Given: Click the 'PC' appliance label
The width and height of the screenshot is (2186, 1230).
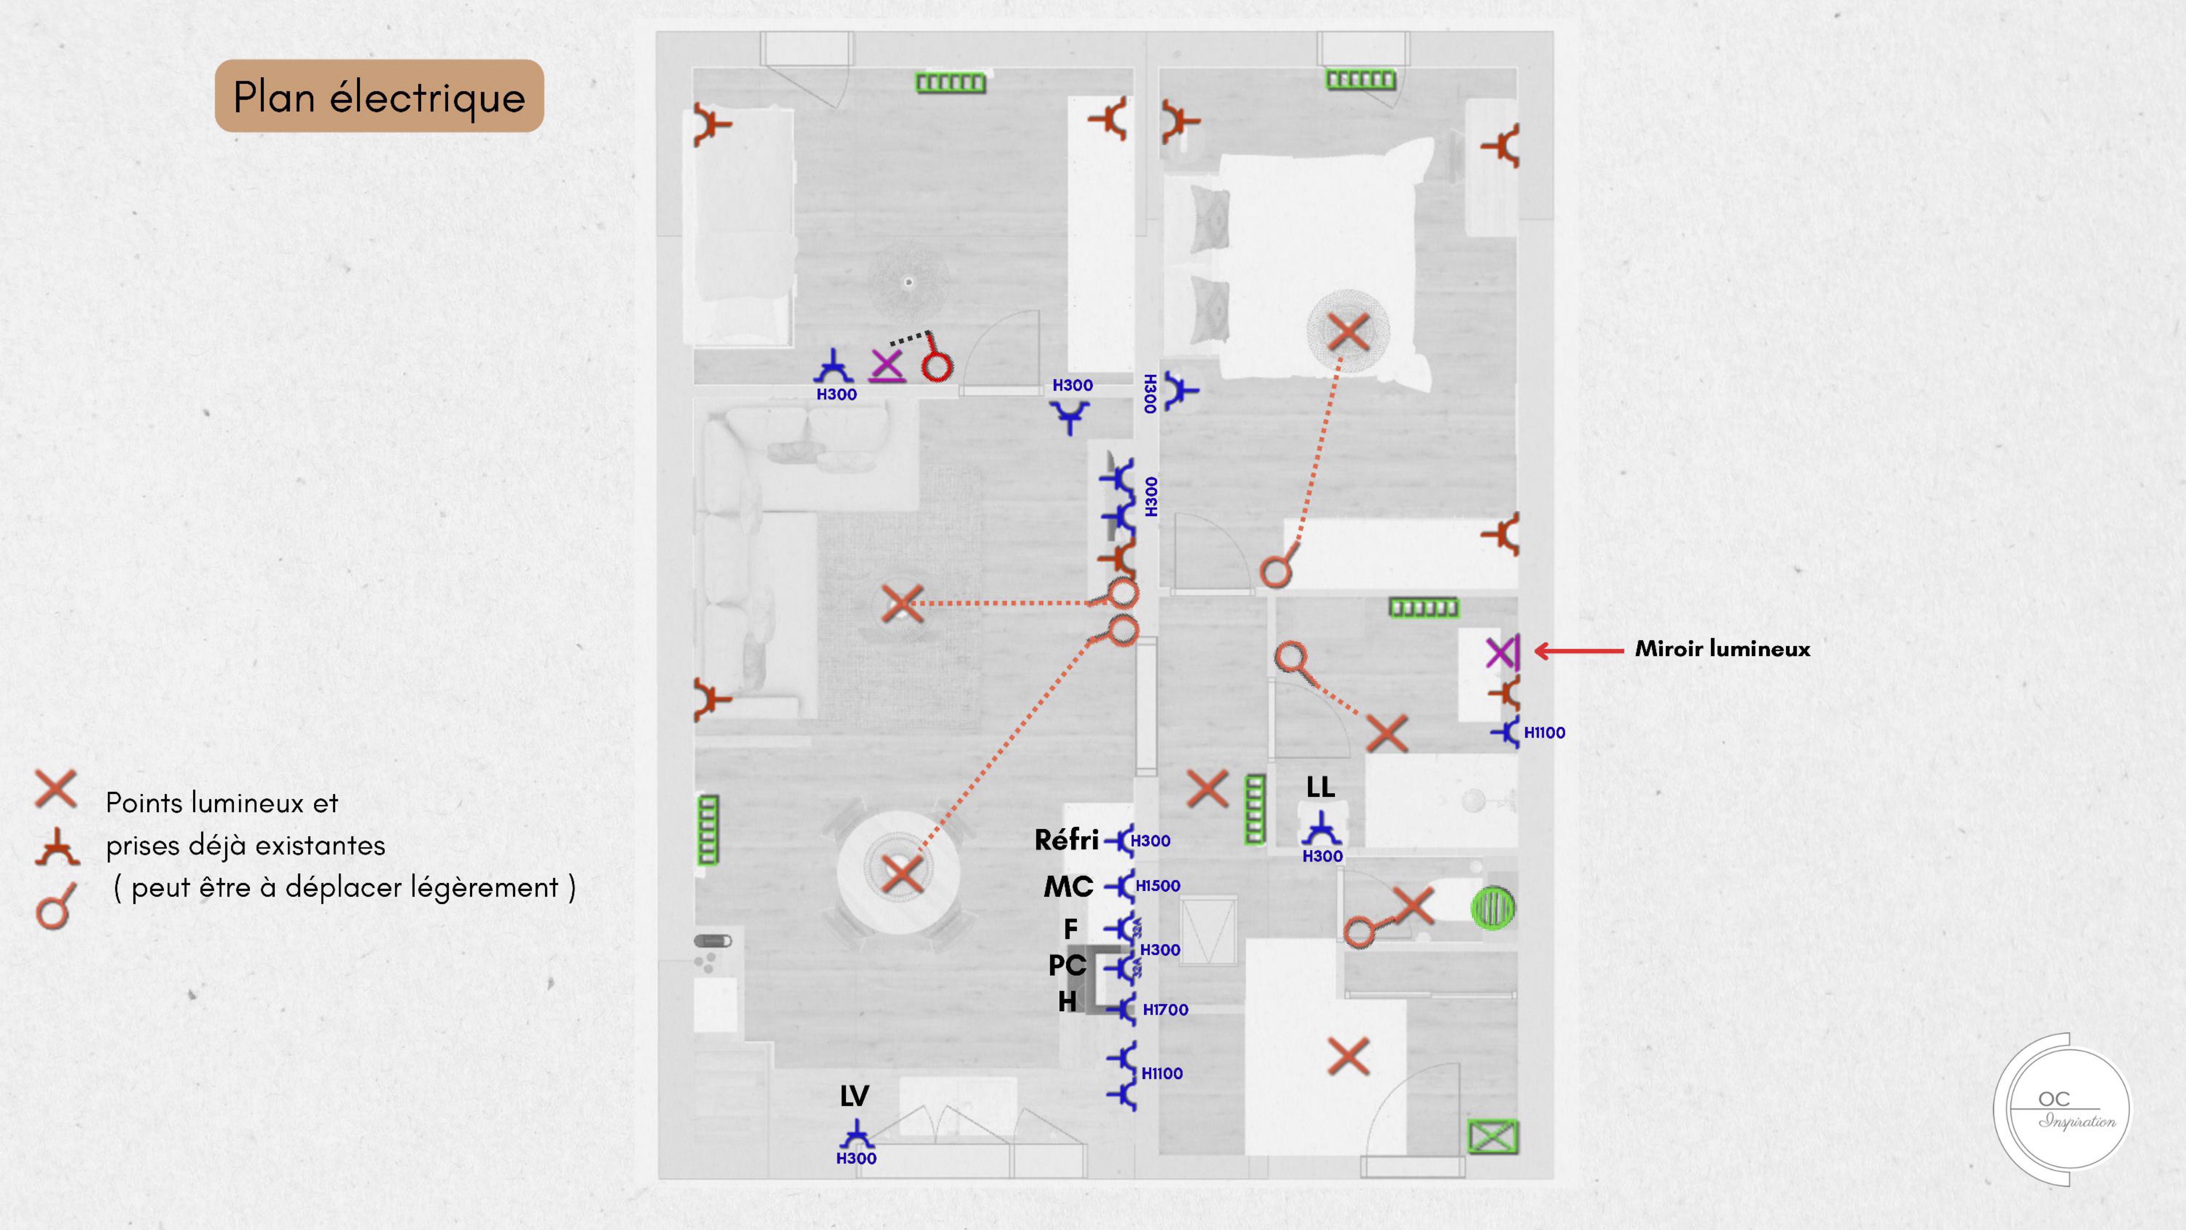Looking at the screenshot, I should pos(1067,965).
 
